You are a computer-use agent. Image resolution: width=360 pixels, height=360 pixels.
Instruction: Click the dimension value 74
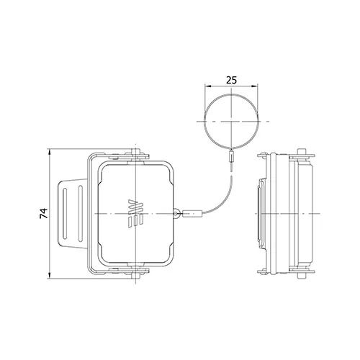44,213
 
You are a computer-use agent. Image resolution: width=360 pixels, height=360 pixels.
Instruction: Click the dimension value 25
231,80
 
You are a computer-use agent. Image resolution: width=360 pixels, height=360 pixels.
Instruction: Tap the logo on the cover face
135,213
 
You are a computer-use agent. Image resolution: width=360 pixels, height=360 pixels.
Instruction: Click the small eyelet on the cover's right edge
176,213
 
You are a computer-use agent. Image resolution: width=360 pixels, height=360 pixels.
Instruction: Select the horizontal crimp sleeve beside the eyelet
192,213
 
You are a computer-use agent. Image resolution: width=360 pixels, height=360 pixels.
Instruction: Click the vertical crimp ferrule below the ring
231,156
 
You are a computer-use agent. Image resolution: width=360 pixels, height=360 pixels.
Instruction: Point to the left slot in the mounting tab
65,214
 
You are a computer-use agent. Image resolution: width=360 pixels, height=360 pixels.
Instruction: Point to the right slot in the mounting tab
81,213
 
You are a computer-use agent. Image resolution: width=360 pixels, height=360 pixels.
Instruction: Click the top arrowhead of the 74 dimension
50,152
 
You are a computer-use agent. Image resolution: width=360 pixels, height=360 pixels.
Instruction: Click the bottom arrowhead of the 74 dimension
50,275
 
